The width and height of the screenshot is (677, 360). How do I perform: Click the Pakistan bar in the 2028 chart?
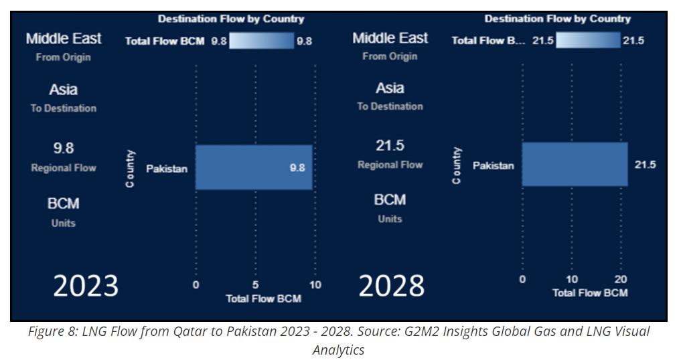pyautogui.click(x=575, y=164)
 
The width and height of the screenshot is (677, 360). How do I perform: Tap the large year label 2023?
pyautogui.click(x=86, y=286)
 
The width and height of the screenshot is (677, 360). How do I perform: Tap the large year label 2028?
pyautogui.click(x=391, y=286)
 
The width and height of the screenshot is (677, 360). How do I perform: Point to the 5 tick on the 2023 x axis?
pyautogui.click(x=255, y=285)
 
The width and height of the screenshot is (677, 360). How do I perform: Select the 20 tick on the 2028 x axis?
pyautogui.click(x=622, y=279)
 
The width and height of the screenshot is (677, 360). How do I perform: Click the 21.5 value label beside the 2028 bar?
pyautogui.click(x=645, y=164)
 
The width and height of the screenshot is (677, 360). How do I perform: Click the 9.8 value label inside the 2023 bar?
pyautogui.click(x=297, y=168)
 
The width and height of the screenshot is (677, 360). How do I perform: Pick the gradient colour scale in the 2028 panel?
pyautogui.click(x=588, y=41)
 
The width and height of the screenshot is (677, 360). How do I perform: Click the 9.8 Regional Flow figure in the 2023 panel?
pyautogui.click(x=64, y=149)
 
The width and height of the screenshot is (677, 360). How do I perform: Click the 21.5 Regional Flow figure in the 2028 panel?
pyautogui.click(x=390, y=146)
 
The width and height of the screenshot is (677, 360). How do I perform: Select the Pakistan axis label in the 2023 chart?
pyautogui.click(x=167, y=169)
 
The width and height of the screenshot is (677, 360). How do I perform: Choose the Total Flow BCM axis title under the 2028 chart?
pyautogui.click(x=590, y=293)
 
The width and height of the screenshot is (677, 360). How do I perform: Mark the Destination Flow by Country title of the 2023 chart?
pyautogui.click(x=231, y=19)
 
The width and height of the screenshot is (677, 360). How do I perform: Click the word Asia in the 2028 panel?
pyautogui.click(x=390, y=88)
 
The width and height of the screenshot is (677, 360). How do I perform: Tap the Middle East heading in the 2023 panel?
pyautogui.click(x=64, y=39)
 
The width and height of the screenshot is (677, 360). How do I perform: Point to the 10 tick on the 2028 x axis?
pyautogui.click(x=572, y=279)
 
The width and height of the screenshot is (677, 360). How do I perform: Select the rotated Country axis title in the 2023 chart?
pyautogui.click(x=131, y=168)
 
